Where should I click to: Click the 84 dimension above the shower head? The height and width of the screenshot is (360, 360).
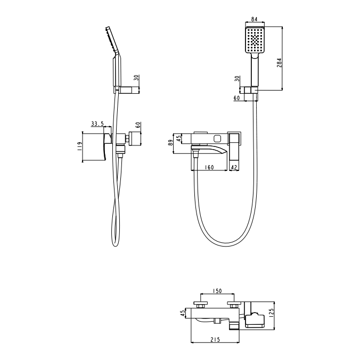[x=254, y=19]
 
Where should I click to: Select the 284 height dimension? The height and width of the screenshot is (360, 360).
[x=279, y=62]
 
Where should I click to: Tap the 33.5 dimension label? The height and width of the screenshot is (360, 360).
[x=97, y=124]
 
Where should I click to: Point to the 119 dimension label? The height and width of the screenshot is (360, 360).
[x=80, y=146]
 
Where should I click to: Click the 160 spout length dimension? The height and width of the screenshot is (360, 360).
[x=209, y=167]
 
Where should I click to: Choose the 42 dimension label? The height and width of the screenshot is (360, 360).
[x=234, y=167]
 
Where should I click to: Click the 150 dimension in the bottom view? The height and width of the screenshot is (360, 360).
[x=217, y=291]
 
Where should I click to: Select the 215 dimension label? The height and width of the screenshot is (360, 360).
[x=215, y=339]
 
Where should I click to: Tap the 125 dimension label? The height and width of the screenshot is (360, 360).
[x=272, y=313]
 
